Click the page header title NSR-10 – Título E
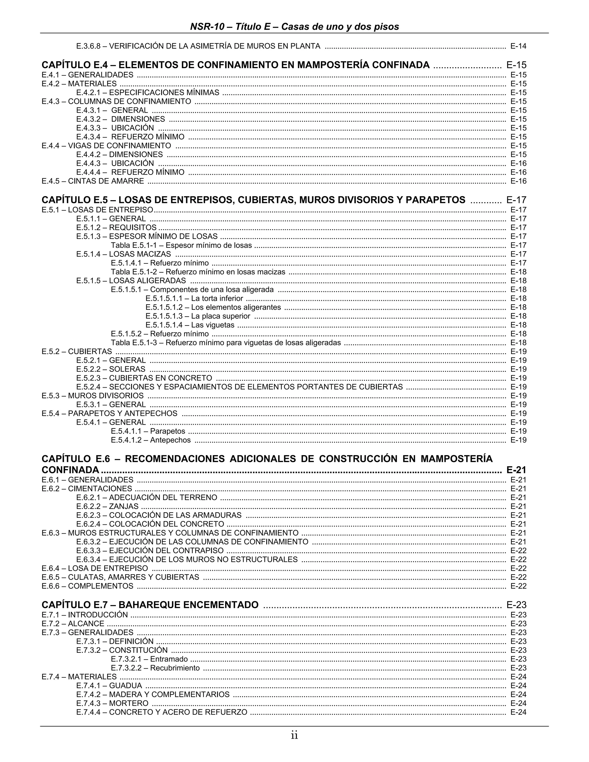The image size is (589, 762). [294, 26]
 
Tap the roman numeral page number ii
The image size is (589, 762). [294, 736]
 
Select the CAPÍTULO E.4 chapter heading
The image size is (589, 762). [236, 65]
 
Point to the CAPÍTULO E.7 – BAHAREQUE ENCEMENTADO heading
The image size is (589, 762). [150, 605]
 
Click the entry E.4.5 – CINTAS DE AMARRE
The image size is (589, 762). [93, 181]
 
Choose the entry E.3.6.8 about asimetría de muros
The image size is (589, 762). [198, 46]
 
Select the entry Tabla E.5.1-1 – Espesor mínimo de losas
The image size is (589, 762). [181, 245]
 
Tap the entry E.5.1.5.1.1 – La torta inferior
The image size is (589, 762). [194, 298]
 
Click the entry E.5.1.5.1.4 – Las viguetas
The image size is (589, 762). [190, 325]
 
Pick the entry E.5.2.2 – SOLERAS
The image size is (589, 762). [111, 369]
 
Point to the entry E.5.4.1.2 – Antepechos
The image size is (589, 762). [151, 440]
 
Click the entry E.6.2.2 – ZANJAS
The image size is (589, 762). [108, 506]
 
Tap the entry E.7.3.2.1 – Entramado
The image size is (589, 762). [149, 659]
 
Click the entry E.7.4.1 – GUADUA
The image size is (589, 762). [109, 686]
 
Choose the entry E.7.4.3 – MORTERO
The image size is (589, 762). [112, 703]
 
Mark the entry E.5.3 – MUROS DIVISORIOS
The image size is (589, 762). [93, 396]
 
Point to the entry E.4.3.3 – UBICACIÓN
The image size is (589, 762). [115, 128]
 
